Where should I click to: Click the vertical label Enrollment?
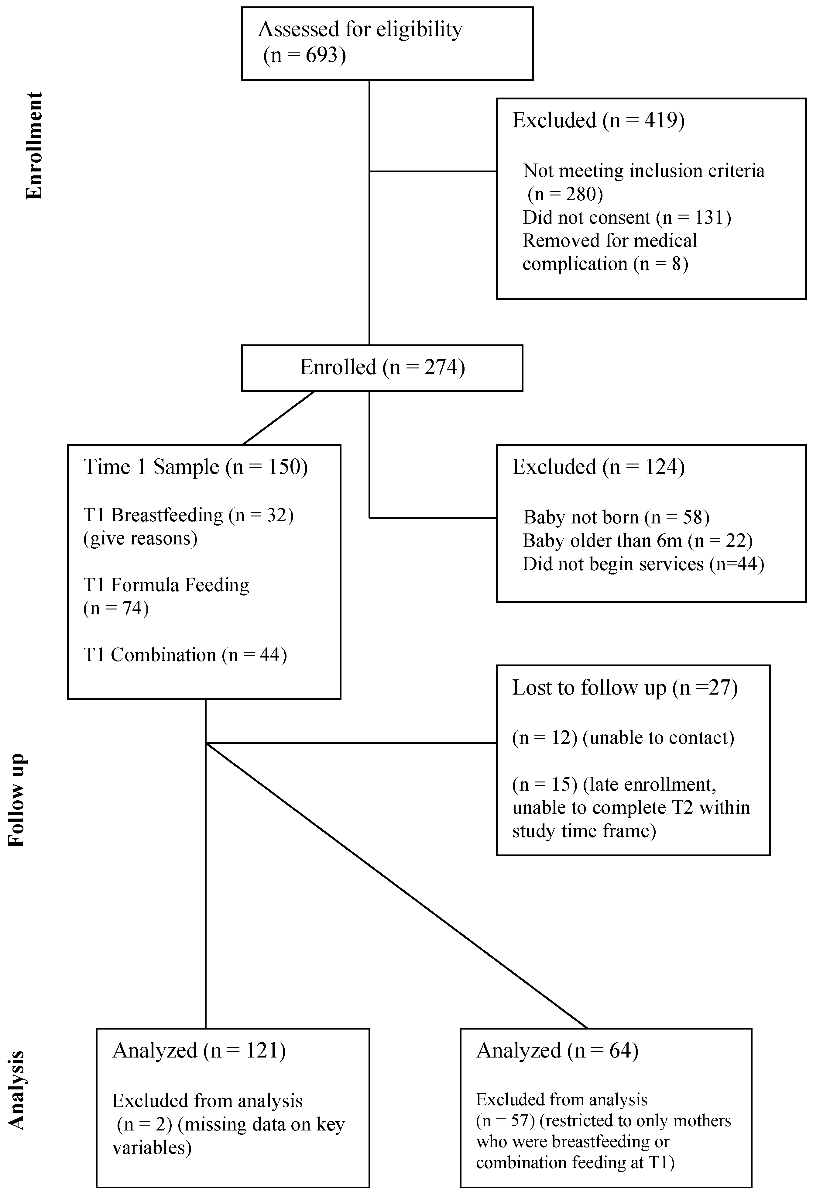click(34, 146)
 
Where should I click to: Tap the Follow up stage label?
click(16, 800)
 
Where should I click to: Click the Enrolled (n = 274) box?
click(382, 368)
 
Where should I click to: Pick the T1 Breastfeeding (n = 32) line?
click(188, 515)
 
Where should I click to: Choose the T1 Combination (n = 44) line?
click(185, 654)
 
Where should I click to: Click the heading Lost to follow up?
click(589, 688)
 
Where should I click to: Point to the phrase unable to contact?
click(661, 738)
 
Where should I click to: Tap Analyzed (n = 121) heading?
click(199, 1050)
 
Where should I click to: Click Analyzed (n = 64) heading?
click(557, 1050)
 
